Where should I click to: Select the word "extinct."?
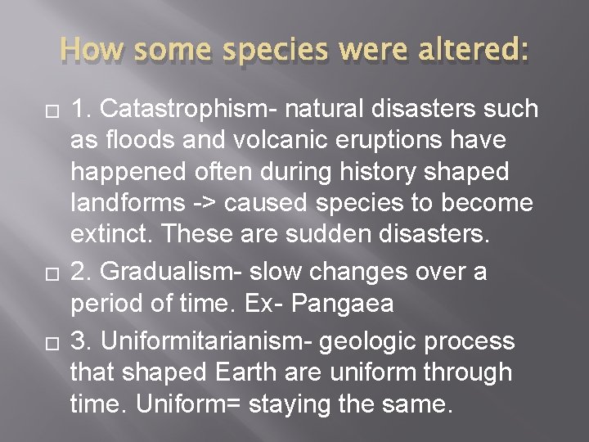coord(112,235)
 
